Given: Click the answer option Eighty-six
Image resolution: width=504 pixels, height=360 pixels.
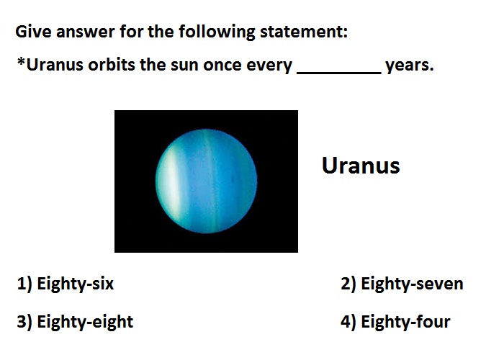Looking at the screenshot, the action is pos(75,284).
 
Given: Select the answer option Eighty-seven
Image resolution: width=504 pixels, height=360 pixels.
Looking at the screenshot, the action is pos(412,284).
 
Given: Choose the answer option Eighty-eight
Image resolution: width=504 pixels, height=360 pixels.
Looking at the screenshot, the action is pos(85,322).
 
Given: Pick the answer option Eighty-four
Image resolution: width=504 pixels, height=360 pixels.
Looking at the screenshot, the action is pos(405,322).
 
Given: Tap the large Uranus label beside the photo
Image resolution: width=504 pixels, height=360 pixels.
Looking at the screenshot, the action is pos(361,166).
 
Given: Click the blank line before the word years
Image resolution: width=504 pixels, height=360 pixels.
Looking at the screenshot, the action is pos(339,73).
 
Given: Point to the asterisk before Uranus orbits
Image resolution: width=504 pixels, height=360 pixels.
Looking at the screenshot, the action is pos(21,61).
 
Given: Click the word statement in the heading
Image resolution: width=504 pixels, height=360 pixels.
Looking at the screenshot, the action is pos(304,32).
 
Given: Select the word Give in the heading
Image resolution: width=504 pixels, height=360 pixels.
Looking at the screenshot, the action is pos(33,32).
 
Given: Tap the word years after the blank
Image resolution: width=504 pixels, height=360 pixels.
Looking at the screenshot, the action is pos(410,66).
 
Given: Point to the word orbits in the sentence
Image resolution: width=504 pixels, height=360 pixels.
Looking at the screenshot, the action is pos(112,65).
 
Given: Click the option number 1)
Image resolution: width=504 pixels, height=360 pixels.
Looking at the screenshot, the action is pos(24,284).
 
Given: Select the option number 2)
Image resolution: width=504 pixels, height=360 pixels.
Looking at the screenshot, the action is pos(348,284).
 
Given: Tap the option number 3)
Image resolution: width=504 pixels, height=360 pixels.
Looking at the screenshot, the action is pos(24,322).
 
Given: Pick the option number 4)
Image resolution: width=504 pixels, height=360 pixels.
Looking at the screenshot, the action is pos(348,322).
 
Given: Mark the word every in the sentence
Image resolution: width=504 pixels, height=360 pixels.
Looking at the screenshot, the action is pos(269,66).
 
